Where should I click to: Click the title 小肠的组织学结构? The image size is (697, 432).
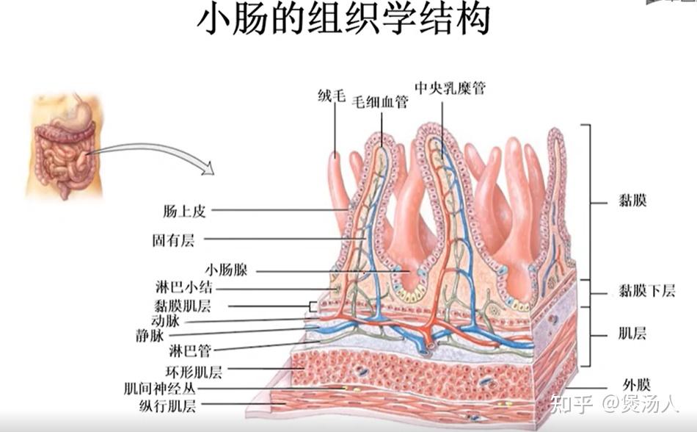(x=343, y=20)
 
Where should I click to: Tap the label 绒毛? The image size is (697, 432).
(x=332, y=96)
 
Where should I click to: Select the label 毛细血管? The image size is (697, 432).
(x=380, y=102)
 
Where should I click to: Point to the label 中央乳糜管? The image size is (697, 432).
(x=450, y=88)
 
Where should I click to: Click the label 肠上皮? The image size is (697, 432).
(x=184, y=211)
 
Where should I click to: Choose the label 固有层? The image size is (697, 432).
(x=173, y=241)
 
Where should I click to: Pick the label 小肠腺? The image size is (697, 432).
(x=226, y=270)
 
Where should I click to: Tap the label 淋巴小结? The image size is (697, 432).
(x=184, y=287)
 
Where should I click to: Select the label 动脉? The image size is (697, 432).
(x=165, y=320)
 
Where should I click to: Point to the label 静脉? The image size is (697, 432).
(x=150, y=336)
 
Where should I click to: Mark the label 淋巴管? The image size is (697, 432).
(x=190, y=351)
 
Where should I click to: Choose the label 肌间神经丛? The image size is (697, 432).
(x=160, y=389)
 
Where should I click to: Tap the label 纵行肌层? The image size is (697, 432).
(x=167, y=406)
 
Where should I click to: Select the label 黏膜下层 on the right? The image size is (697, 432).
(x=647, y=291)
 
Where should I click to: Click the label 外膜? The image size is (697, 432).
(x=637, y=384)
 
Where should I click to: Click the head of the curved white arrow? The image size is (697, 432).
(x=208, y=168)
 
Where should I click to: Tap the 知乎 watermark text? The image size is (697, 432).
(x=572, y=403)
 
